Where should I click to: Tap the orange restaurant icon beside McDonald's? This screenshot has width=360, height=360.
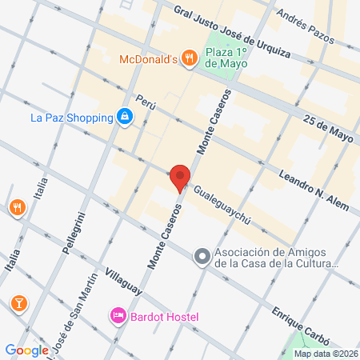188,58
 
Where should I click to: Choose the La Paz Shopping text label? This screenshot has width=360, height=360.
70,118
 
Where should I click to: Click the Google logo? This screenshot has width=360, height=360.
26,350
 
